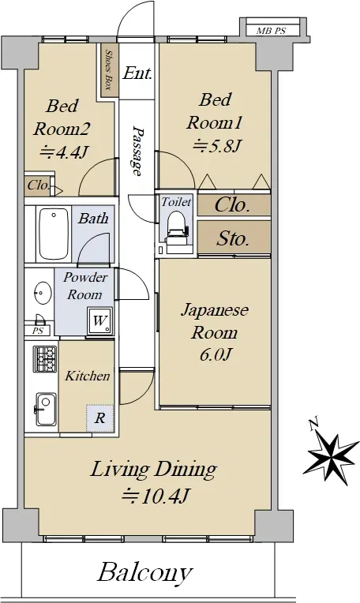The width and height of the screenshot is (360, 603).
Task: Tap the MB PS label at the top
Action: click(271, 31)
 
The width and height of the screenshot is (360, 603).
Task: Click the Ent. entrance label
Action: click(137, 73)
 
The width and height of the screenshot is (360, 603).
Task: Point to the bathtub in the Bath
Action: click(54, 234)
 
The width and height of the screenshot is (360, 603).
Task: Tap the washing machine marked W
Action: click(99, 320)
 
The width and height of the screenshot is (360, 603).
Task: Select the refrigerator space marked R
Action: click(100, 418)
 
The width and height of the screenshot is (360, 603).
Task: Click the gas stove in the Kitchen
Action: click(45, 359)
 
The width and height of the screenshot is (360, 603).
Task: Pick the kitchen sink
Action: click(45, 409)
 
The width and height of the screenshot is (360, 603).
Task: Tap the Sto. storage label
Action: click(233, 238)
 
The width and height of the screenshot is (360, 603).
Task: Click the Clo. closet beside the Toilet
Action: click(233, 204)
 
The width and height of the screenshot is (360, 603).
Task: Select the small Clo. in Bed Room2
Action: click(39, 185)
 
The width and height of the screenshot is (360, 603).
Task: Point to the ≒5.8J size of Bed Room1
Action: click(217, 146)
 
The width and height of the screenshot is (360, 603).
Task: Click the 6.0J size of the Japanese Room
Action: click(215, 355)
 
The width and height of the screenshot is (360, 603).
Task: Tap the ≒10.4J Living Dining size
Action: click(155, 496)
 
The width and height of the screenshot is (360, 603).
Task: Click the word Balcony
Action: click(145, 573)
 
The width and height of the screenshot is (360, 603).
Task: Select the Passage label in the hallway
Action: click(136, 151)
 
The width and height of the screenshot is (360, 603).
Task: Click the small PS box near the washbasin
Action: click(38, 331)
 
